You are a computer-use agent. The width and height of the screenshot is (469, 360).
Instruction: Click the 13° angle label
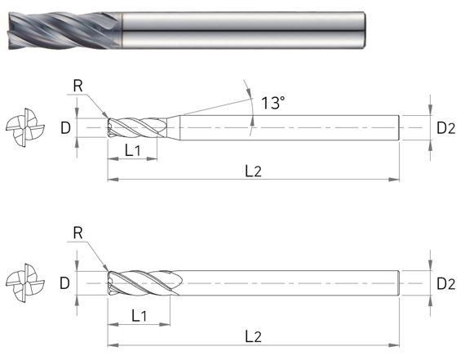(273, 104)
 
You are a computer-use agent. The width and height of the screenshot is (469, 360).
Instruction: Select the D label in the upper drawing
(64, 128)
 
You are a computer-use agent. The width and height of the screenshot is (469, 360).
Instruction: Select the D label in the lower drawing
(64, 283)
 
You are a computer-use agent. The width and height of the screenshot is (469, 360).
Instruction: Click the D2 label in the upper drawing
(445, 128)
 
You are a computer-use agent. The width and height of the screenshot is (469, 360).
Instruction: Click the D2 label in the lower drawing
(445, 283)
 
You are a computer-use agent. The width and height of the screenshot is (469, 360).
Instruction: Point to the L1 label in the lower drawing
(139, 314)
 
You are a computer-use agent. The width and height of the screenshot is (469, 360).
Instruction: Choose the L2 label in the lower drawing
(254, 335)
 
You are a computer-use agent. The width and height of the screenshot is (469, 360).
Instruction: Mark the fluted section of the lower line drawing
(139, 283)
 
